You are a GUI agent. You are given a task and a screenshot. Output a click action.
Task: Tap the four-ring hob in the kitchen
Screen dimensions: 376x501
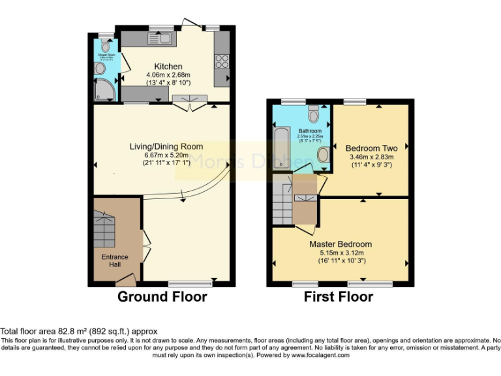[x=221, y=61]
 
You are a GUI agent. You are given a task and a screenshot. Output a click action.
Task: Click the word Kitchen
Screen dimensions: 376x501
[x=168, y=67]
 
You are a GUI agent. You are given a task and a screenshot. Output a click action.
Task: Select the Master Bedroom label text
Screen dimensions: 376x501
[x=341, y=244]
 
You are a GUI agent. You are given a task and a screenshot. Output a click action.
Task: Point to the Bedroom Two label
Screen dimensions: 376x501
[x=371, y=148]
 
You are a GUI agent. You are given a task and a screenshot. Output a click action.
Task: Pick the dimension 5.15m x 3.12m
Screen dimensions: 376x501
[x=341, y=253]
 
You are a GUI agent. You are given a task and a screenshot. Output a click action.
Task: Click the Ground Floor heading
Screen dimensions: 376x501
[x=162, y=297]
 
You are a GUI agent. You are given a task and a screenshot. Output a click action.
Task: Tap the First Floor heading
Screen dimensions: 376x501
[x=339, y=297]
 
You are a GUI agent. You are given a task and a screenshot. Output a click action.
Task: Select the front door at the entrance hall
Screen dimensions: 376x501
[x=125, y=281]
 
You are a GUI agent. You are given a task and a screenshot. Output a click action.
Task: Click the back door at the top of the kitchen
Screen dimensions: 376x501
[x=192, y=25]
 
